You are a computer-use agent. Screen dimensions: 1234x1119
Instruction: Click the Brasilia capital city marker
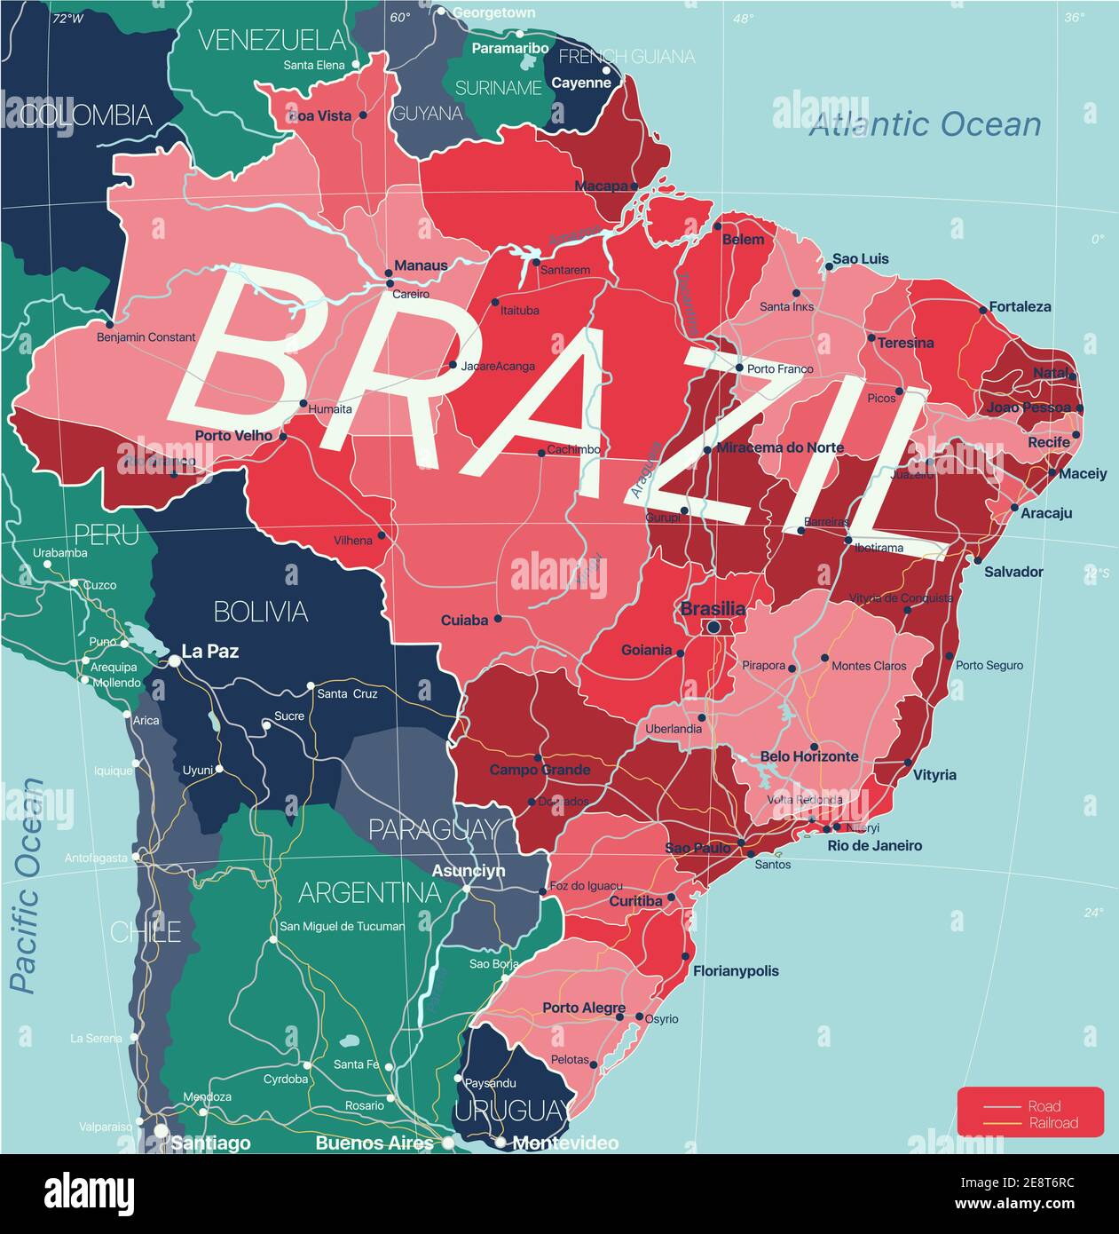click(713, 628)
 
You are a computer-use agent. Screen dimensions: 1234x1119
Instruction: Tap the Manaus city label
click(421, 265)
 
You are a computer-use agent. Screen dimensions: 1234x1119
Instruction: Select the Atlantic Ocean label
click(925, 125)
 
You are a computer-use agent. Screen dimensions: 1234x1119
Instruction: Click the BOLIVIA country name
click(261, 611)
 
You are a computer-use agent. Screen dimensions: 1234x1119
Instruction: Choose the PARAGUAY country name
click(433, 829)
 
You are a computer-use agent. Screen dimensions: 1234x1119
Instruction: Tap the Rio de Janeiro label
click(874, 846)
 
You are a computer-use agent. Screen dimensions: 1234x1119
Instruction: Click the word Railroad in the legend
click(1053, 1123)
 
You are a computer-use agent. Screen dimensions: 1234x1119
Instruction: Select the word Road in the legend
click(1044, 1106)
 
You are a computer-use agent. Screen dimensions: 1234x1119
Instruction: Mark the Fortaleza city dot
click(983, 310)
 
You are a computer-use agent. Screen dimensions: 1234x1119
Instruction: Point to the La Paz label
click(209, 652)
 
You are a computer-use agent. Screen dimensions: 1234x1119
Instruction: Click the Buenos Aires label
click(374, 1143)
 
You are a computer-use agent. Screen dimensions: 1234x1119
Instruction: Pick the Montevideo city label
click(565, 1143)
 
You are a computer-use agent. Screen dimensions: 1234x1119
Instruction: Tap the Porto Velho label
click(234, 436)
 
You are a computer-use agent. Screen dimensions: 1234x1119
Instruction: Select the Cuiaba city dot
click(498, 619)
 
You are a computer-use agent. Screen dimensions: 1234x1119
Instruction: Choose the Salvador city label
click(1013, 572)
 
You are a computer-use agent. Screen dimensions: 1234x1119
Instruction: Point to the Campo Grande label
click(540, 770)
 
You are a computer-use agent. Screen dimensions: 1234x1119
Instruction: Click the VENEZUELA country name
click(272, 40)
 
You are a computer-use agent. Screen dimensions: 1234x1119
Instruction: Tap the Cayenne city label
click(581, 83)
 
